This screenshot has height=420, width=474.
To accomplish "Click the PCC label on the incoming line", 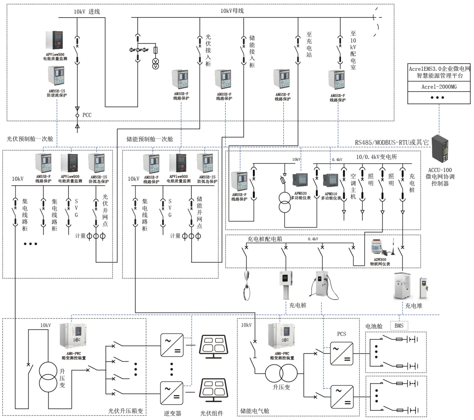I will tap(87, 115).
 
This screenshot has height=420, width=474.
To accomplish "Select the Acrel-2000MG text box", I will tap(439, 87).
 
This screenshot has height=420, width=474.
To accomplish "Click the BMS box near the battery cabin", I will tap(399, 325).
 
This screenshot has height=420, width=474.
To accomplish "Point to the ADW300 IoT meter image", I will tap(380, 248).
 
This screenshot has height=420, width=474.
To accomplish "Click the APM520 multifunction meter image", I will tap(300, 181).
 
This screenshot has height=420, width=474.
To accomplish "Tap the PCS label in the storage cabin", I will tap(341, 334).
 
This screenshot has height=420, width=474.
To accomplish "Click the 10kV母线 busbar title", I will tap(232, 11).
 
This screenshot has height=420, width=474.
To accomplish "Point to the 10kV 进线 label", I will tap(87, 12).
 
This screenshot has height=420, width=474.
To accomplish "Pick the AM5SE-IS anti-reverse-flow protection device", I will tap(56, 76).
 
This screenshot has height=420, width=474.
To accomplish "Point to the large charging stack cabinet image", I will tap(403, 286).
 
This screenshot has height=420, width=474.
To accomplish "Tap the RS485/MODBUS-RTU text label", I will tap(391, 142).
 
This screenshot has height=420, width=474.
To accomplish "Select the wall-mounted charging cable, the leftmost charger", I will tap(246, 285).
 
